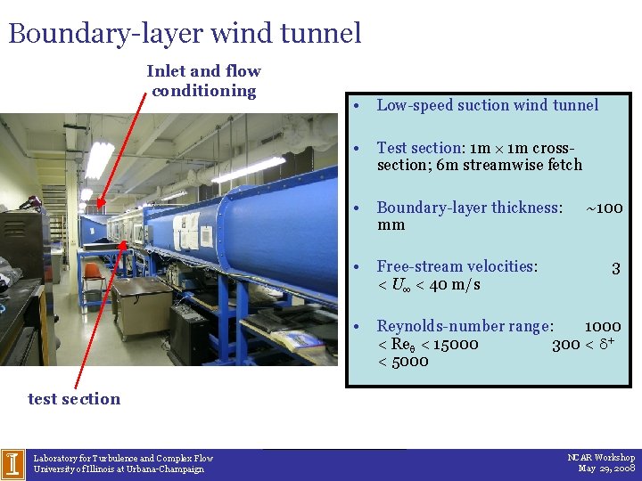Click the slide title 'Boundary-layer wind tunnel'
click(x=185, y=33)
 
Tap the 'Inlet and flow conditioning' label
click(x=203, y=80)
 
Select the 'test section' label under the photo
click(x=74, y=399)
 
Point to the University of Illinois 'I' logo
click(x=12, y=463)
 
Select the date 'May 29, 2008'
click(x=606, y=469)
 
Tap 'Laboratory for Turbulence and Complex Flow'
click(x=123, y=458)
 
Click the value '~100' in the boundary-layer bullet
click(x=604, y=208)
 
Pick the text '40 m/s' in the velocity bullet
click(x=454, y=284)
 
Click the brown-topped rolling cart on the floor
click(x=142, y=303)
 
